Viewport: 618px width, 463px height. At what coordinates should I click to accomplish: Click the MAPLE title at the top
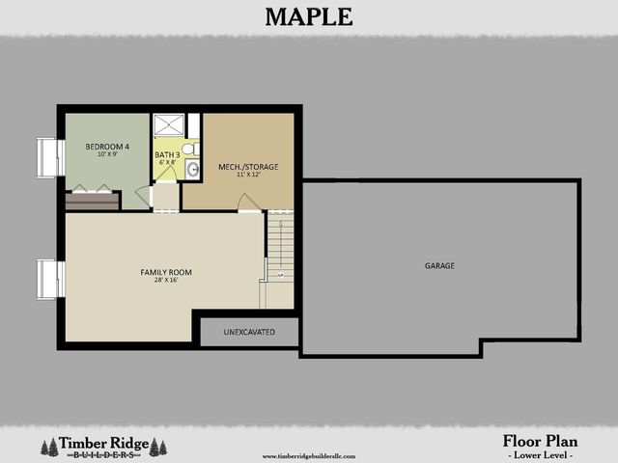(308, 16)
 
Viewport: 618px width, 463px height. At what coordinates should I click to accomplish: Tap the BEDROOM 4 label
(107, 146)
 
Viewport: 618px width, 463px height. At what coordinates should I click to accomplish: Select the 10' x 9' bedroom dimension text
(107, 154)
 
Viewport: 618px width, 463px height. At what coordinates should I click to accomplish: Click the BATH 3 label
(167, 154)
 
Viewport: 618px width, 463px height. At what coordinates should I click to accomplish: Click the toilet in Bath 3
(191, 150)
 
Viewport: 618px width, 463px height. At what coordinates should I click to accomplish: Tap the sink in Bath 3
(192, 170)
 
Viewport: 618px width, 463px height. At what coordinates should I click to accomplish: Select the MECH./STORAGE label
(248, 167)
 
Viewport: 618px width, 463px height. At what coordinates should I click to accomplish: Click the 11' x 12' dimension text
(248, 176)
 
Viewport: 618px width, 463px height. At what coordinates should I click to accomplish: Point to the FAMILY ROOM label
(160, 272)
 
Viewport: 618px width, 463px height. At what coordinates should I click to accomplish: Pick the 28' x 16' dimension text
(160, 281)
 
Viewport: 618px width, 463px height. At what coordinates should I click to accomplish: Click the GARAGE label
(439, 265)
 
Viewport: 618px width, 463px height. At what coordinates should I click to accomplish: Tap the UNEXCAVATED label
(249, 332)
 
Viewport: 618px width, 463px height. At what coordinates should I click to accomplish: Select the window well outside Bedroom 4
(49, 156)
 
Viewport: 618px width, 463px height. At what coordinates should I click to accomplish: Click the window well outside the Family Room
(49, 278)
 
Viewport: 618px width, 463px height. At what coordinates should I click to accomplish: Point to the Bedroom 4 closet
(93, 201)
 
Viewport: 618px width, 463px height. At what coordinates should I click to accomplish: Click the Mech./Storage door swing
(248, 203)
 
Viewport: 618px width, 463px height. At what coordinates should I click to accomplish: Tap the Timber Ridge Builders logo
(101, 446)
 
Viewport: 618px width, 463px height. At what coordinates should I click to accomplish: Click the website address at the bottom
(309, 455)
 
